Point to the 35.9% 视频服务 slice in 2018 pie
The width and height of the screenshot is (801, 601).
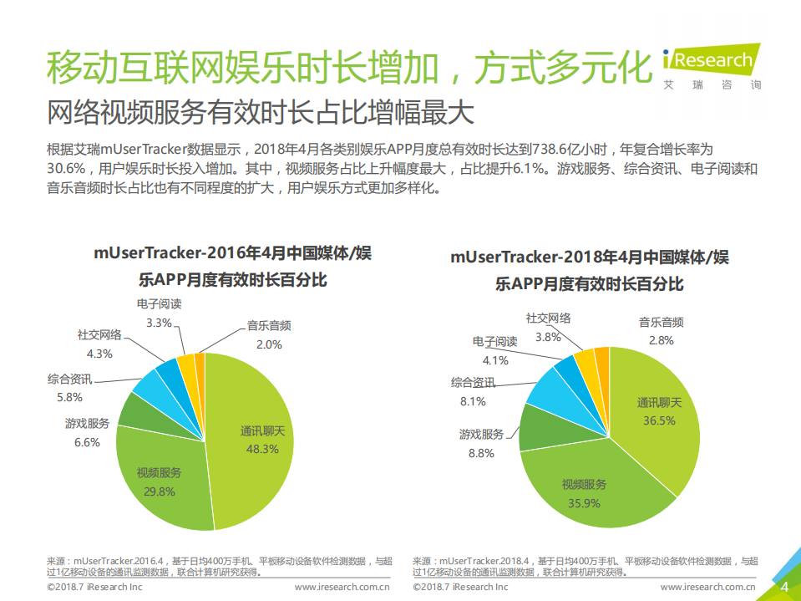tap(585, 494)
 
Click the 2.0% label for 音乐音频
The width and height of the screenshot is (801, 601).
tap(269, 344)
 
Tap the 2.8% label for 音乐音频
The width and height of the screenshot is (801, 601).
tap(661, 340)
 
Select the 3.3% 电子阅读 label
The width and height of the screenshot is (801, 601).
tap(159, 322)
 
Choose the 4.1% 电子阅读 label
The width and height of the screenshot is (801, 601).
tap(494, 360)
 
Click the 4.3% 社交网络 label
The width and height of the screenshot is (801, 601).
tap(99, 353)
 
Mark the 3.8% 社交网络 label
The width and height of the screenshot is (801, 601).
tap(548, 337)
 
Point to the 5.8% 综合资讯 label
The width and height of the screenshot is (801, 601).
tap(70, 397)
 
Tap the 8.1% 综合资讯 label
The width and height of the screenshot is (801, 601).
tap(473, 401)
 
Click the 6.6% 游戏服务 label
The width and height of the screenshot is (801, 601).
tap(87, 442)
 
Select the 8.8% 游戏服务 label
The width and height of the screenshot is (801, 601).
tap(481, 453)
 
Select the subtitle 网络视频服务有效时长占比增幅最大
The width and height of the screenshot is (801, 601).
tap(260, 111)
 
